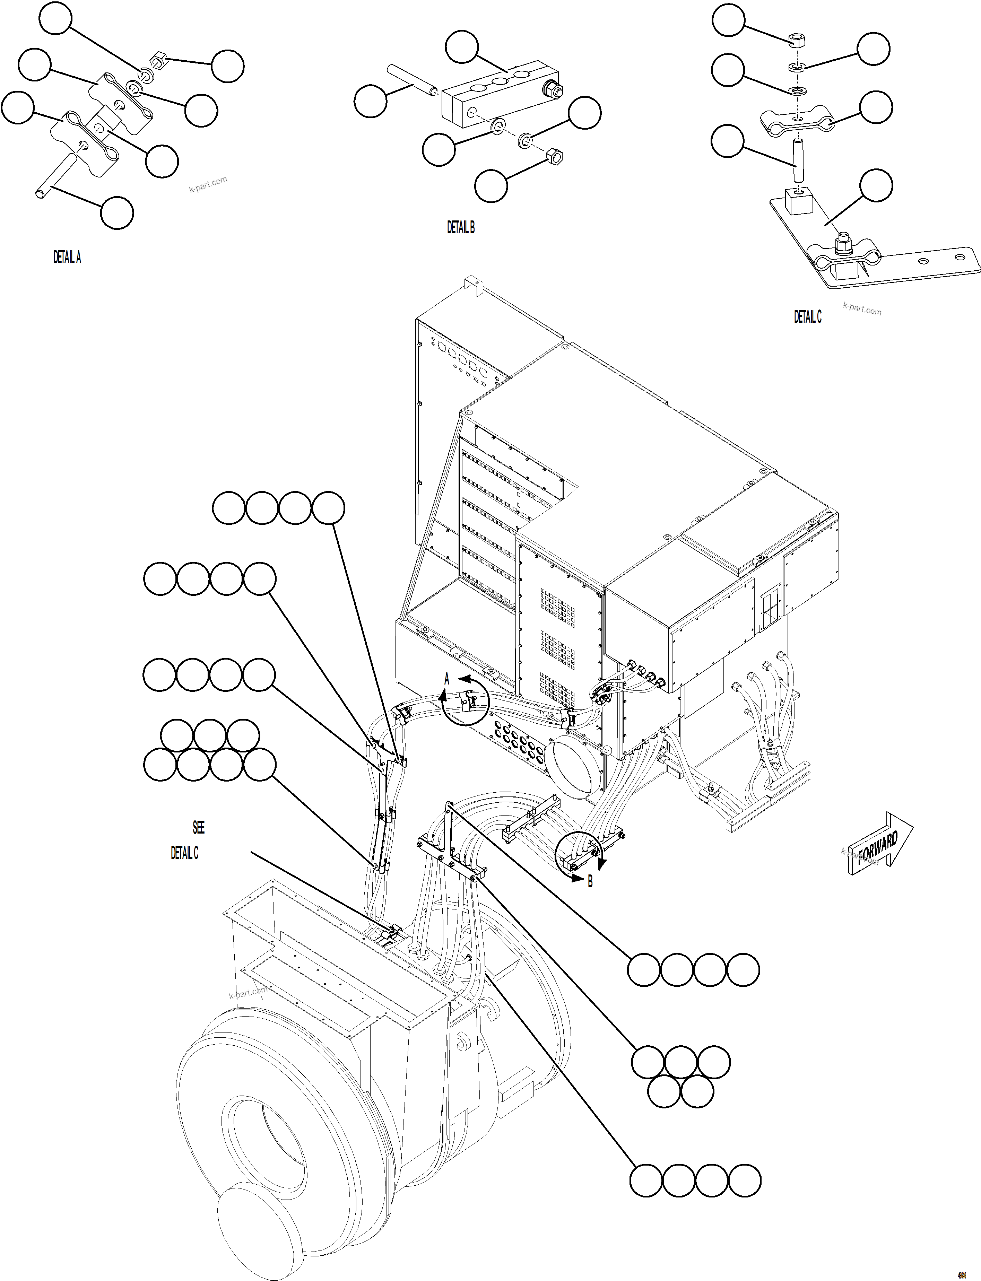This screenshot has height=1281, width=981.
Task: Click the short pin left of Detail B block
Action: pos(412,80)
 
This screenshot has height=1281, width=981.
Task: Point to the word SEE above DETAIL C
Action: pos(199,827)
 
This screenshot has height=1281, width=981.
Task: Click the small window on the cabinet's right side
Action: pos(770,607)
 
